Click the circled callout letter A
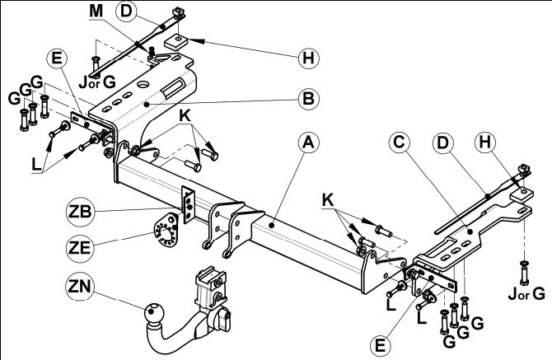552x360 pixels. (308, 143)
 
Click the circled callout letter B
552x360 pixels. (308, 99)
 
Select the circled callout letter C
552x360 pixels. (400, 143)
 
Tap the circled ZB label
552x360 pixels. (80, 212)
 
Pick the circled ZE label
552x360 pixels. (80, 248)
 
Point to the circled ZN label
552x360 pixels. (80, 287)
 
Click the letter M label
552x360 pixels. (96, 12)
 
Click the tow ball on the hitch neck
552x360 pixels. (153, 311)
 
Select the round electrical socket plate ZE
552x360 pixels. (166, 230)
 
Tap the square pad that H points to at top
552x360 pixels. (175, 41)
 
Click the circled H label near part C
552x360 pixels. (485, 143)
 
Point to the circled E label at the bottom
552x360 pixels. (381, 345)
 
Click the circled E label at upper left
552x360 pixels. (57, 58)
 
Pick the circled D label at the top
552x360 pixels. (126, 12)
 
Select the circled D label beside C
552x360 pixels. (442, 143)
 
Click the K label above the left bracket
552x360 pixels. (185, 116)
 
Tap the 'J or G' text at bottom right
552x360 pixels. (526, 293)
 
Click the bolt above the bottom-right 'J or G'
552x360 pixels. (524, 273)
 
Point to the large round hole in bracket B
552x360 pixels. (144, 85)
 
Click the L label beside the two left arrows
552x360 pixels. (36, 165)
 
